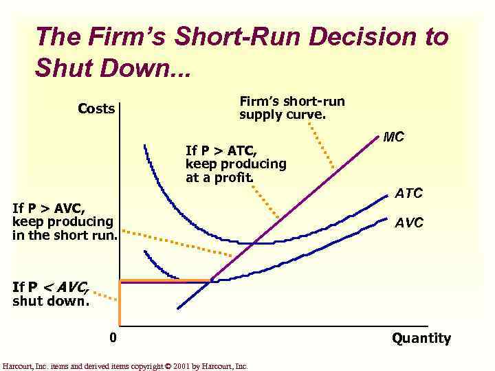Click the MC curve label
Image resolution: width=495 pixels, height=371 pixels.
[x=394, y=137]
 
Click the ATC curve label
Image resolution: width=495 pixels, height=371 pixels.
[x=409, y=193]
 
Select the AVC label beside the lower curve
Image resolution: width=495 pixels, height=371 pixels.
[x=409, y=223]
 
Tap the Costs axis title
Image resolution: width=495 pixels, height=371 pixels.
[x=96, y=109]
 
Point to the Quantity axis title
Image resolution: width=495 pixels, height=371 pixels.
[x=421, y=338]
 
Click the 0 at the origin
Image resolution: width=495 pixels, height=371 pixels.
[x=113, y=337]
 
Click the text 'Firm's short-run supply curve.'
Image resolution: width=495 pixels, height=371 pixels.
[x=292, y=108]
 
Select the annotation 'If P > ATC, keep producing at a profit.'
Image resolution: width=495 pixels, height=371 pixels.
[x=236, y=164]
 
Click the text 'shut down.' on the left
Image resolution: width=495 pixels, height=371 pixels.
[x=51, y=301]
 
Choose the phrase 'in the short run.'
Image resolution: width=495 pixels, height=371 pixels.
[x=65, y=236]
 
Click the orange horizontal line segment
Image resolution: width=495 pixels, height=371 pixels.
[x=165, y=280]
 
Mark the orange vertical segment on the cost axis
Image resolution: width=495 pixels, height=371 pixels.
[x=120, y=302]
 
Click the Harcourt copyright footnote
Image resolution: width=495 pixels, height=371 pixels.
[x=125, y=366]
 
